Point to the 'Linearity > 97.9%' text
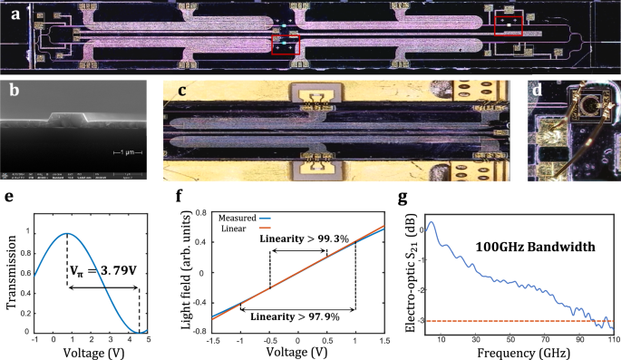(290, 316)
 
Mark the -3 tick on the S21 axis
(426, 321)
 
